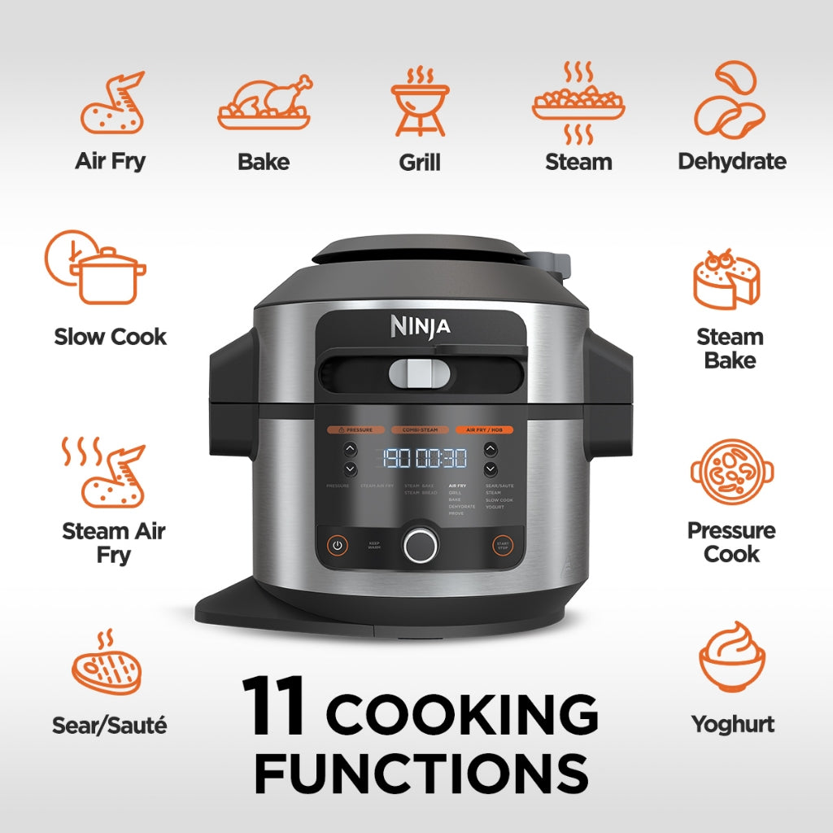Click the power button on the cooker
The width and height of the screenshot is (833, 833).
[x=338, y=545]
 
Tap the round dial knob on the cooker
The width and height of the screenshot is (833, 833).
[x=420, y=544]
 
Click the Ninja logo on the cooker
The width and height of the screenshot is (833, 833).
[x=420, y=326]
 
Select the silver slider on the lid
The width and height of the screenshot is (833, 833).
[x=419, y=373]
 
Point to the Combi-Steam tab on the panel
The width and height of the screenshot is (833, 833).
[x=420, y=429]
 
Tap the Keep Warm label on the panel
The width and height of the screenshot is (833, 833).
[x=374, y=546]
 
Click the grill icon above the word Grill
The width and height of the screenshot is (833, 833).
[x=420, y=102]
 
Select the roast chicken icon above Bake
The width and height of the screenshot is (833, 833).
[x=264, y=102]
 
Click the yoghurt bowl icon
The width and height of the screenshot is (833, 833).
[x=731, y=659]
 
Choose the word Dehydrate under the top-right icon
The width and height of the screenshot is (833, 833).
[x=732, y=161]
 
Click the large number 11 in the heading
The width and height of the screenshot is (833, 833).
[x=274, y=704]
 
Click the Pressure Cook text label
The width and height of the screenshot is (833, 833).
[x=731, y=542]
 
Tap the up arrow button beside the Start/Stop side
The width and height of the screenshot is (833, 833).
[x=491, y=448]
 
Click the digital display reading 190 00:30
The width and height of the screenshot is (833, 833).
[x=420, y=458]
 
